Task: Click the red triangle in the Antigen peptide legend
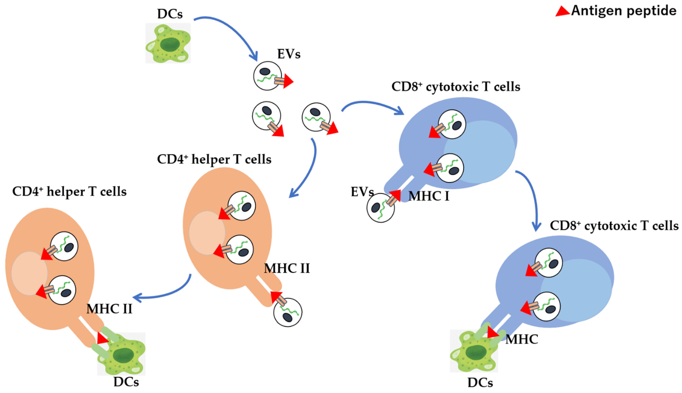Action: tap(562, 12)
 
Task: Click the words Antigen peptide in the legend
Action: tap(624, 11)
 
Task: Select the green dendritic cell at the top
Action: tap(168, 43)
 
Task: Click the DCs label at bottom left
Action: tap(126, 382)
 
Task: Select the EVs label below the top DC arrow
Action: tap(288, 54)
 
